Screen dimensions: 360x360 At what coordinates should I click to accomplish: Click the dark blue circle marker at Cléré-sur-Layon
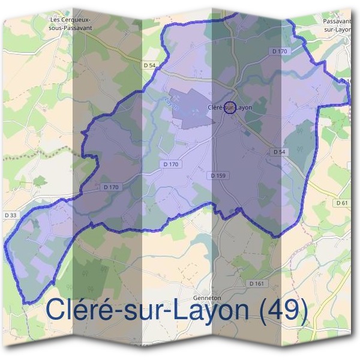(x=229, y=108)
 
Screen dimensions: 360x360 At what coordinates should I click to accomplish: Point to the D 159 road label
(x=219, y=175)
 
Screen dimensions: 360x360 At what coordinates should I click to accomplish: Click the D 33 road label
(x=10, y=215)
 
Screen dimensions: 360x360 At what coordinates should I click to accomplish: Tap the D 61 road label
(x=341, y=203)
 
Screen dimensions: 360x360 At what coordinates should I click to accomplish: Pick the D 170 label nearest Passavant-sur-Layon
(x=280, y=52)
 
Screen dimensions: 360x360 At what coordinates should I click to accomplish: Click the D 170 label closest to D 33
(x=112, y=187)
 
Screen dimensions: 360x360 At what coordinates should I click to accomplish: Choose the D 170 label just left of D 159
(x=171, y=164)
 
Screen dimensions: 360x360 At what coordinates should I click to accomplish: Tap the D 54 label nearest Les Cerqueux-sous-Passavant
(x=150, y=64)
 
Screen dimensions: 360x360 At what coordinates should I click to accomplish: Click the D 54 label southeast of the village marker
(x=279, y=152)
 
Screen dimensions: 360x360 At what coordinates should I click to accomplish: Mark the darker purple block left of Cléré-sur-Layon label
(x=190, y=108)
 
